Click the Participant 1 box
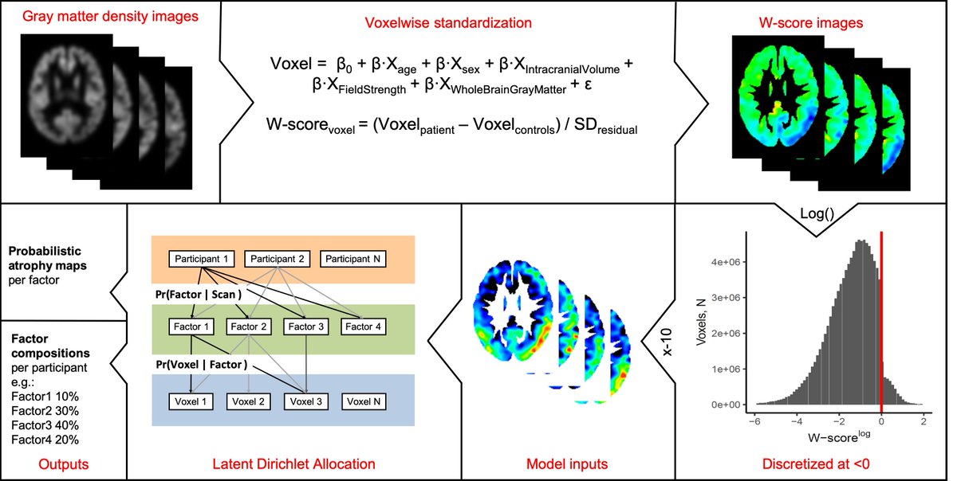click(202, 259)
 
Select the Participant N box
click(352, 259)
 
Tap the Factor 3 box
click(306, 327)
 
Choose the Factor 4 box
click(363, 327)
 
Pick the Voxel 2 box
click(248, 401)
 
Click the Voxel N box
click(364, 401)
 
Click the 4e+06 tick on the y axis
click(725, 262)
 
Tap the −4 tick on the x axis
click(797, 422)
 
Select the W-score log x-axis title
click(839, 436)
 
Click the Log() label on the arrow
click(817, 213)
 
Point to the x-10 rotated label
click(667, 342)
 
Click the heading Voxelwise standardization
click(448, 22)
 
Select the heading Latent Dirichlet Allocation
click(294, 464)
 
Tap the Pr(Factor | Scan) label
click(199, 295)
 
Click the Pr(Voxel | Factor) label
click(202, 365)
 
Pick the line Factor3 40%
click(45, 425)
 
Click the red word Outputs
click(63, 464)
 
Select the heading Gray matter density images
click(110, 16)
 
